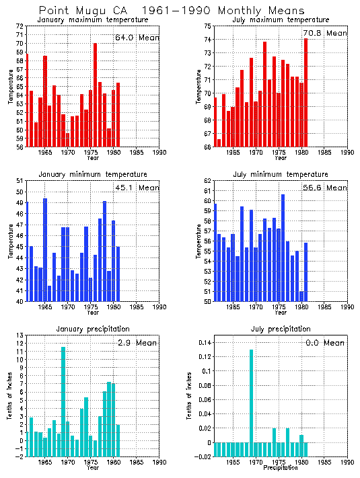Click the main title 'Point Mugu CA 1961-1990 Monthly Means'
[171, 11]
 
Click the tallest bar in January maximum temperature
[95, 95]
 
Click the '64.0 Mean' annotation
[137, 38]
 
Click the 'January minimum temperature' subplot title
[92, 174]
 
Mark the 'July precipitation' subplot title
[280, 329]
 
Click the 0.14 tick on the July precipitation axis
[203, 342]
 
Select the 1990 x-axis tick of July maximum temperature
[347, 153]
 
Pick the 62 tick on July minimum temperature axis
[207, 181]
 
